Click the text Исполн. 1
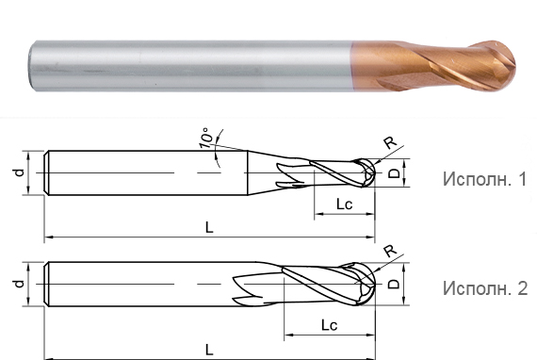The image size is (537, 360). coord(484,179)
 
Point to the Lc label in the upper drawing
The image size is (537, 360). coord(341,205)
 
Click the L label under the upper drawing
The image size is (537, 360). coord(209,227)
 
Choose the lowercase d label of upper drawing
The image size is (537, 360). coord(16,173)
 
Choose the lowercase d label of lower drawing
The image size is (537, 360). coord(16,282)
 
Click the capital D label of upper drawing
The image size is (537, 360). coord(396,173)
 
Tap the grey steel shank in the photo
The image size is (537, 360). coord(188,64)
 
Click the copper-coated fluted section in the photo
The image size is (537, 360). coord(424,64)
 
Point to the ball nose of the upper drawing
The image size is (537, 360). coord(367,174)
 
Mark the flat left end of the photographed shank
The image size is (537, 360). coord(32,64)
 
